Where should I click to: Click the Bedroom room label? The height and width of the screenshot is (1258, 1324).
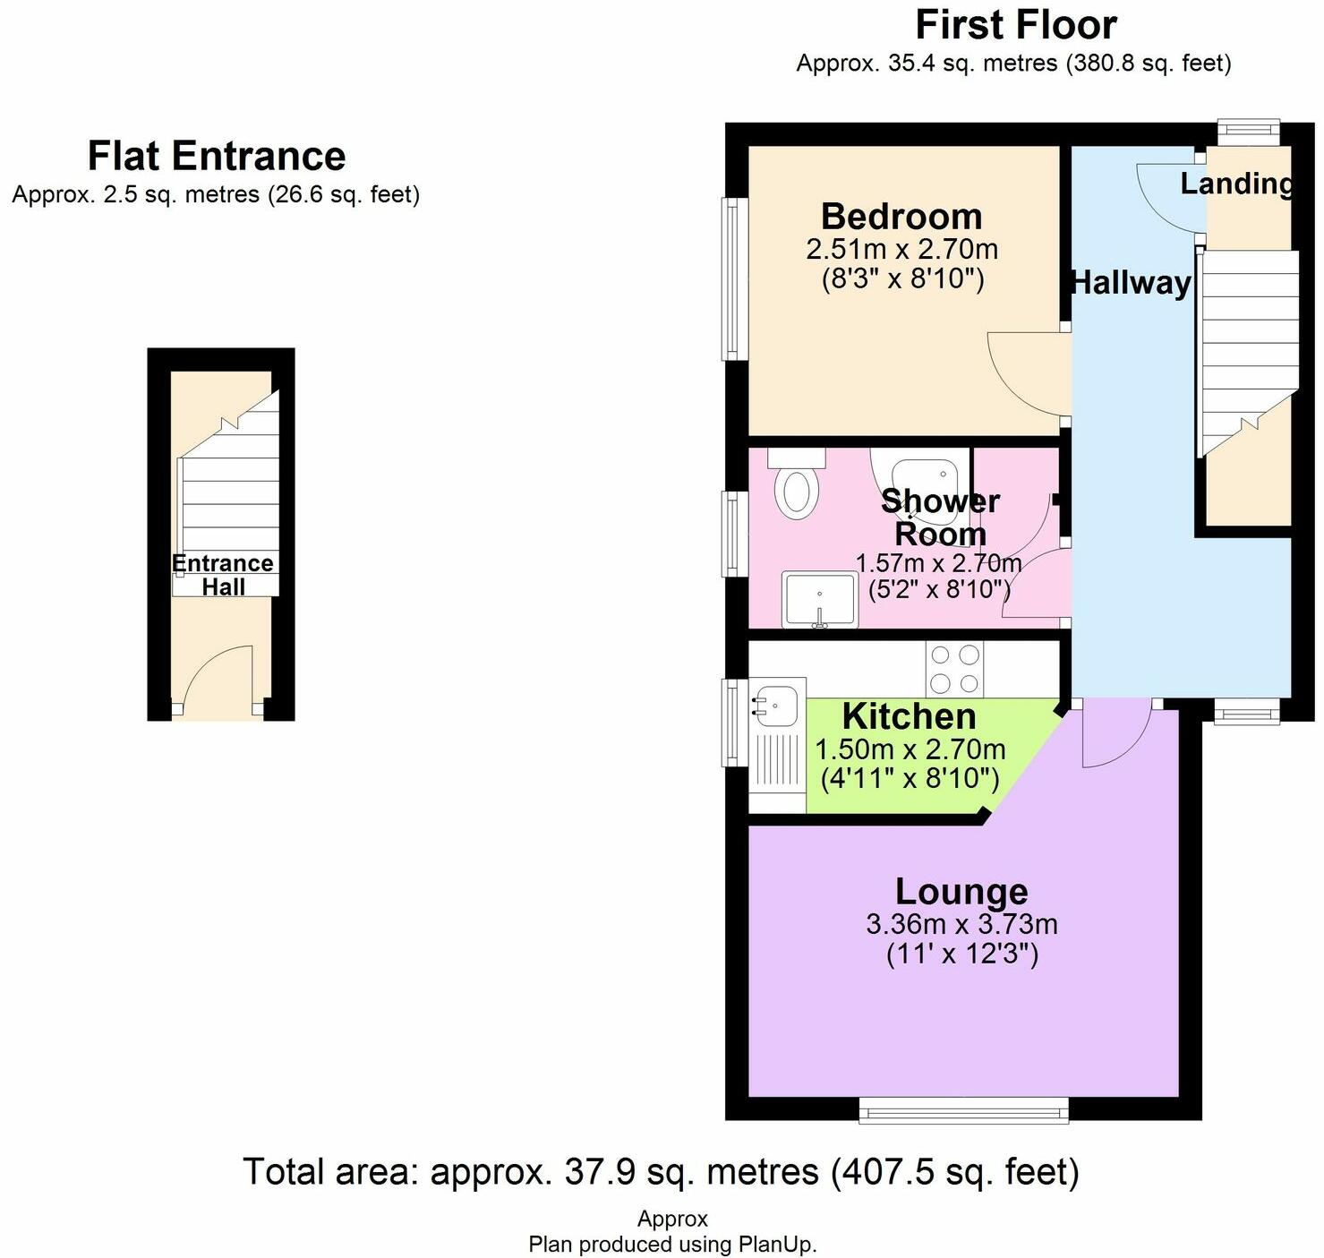(x=901, y=217)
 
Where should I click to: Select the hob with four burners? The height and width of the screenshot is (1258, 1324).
(x=954, y=669)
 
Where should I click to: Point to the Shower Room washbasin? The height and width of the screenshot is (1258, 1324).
(x=819, y=599)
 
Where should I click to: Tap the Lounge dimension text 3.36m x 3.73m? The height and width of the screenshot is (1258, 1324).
(x=961, y=923)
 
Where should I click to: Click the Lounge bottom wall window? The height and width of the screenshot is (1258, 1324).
(x=963, y=1110)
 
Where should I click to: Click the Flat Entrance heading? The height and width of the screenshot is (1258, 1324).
(x=217, y=156)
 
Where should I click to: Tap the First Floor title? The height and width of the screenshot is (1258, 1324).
(x=1016, y=25)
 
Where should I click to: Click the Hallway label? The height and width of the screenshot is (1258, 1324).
(x=1132, y=283)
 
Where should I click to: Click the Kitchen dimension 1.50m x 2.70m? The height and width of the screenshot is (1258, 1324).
(x=910, y=749)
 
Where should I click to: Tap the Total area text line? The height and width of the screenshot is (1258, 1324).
(x=661, y=1171)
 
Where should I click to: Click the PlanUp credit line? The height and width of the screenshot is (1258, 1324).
(x=672, y=1244)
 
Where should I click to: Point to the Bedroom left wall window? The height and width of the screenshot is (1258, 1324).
(x=734, y=278)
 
